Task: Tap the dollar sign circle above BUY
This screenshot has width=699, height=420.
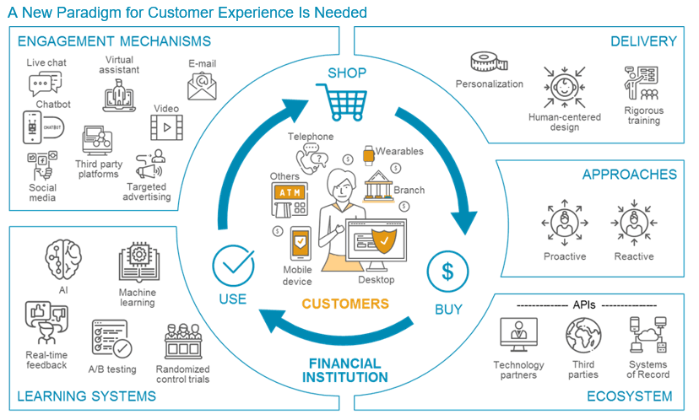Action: tap(448, 272)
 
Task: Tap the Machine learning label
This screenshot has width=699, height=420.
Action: tap(138, 298)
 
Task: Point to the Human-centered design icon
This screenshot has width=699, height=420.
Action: tap(565, 86)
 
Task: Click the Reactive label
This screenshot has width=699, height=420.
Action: tap(634, 256)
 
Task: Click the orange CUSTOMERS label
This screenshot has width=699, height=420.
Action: tap(345, 304)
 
